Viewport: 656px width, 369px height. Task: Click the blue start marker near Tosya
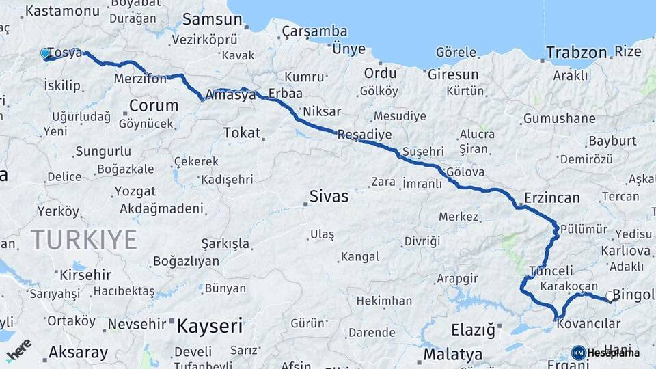(x=45, y=53)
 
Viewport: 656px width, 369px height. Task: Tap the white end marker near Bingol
(x=610, y=297)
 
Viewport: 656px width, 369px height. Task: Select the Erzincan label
(x=551, y=198)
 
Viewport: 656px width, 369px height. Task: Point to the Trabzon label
(x=576, y=53)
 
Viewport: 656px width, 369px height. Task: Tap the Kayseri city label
(x=209, y=326)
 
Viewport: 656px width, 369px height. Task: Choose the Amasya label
(x=234, y=95)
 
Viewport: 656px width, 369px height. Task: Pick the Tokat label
(x=242, y=133)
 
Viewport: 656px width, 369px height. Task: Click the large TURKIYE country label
(x=83, y=240)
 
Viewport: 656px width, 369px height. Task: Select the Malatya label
(x=452, y=355)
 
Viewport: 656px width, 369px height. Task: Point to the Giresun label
(x=452, y=74)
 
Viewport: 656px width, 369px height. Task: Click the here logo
(x=18, y=350)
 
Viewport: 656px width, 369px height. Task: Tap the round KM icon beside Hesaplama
(x=578, y=353)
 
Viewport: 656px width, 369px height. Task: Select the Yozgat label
(x=135, y=191)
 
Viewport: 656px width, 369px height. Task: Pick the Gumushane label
(x=559, y=118)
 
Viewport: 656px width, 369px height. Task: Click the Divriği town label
(x=422, y=241)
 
